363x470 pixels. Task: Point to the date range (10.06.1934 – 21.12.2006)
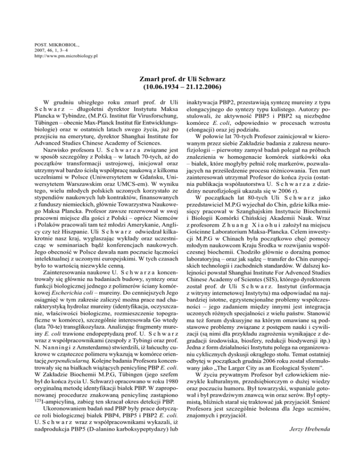click(181, 87)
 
